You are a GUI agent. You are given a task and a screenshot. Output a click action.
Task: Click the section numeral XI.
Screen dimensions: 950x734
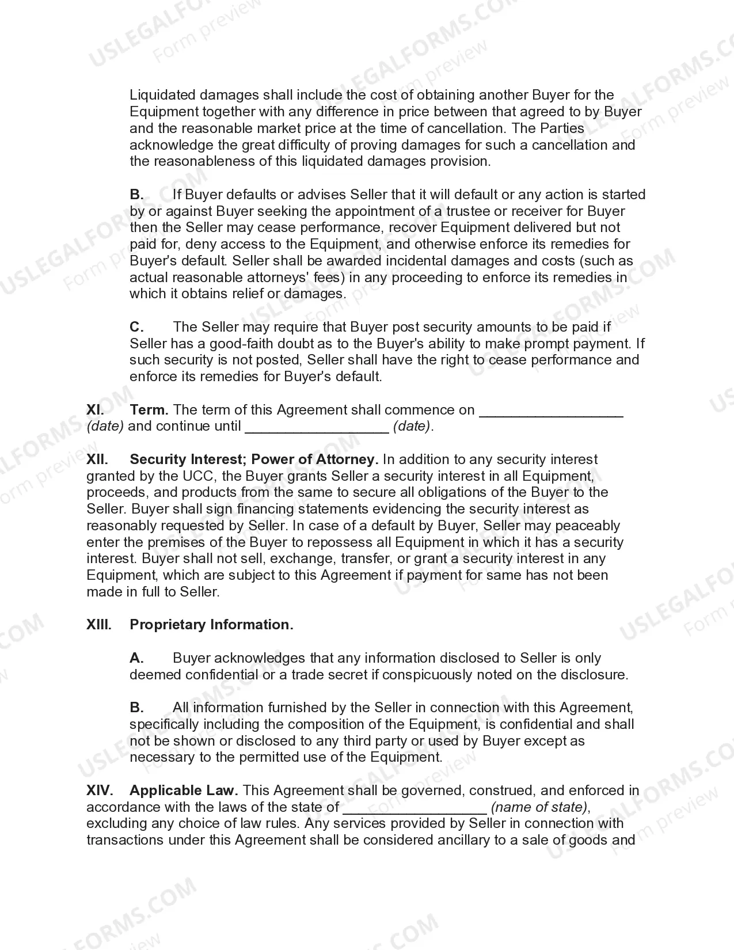tap(96, 410)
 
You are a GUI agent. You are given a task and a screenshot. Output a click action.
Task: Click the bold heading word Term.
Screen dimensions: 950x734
tap(149, 410)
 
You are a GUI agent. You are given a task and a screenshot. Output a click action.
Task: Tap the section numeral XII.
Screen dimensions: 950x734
tap(97, 459)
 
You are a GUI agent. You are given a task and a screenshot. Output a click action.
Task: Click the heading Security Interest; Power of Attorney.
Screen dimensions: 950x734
tap(254, 459)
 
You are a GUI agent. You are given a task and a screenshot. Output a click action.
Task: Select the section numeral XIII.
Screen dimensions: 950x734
tap(99, 625)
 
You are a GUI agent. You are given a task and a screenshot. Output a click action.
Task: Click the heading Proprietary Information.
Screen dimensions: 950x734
tap(211, 625)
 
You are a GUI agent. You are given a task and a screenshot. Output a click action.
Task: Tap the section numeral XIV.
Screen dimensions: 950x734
tap(100, 791)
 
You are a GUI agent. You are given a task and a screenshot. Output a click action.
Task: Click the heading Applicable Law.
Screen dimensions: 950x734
tap(184, 791)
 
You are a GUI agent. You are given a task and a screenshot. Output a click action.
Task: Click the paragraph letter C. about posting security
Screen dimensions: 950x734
tap(136, 327)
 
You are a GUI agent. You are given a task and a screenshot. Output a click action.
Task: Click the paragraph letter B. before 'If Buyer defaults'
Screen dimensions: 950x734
tap(136, 195)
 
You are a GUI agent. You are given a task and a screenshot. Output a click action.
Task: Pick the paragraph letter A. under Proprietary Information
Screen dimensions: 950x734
tap(136, 658)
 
